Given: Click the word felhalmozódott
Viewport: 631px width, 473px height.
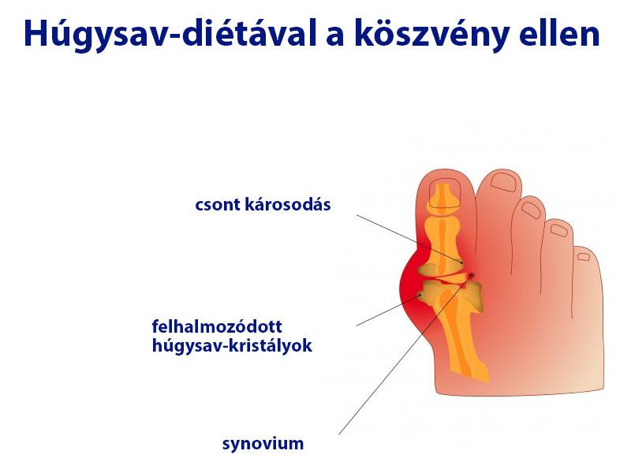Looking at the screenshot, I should tap(217, 326).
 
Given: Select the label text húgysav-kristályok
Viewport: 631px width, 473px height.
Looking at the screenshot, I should tap(232, 345).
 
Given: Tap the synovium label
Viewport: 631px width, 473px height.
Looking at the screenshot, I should tap(263, 443).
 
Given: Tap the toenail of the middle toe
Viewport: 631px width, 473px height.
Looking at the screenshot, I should tap(532, 209).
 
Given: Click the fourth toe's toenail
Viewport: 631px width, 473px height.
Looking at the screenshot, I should tap(558, 229).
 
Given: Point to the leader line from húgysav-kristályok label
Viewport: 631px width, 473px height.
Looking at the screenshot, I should tap(386, 311).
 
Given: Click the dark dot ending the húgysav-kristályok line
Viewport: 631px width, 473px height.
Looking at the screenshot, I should tap(420, 295).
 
